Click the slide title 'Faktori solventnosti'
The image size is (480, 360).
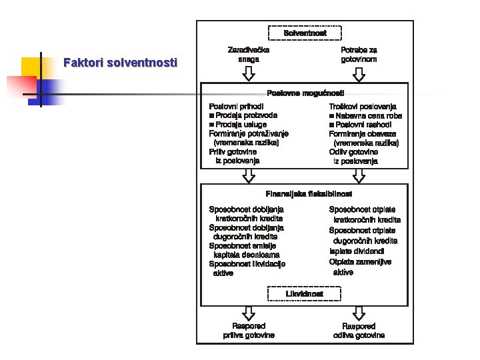click(x=120, y=63)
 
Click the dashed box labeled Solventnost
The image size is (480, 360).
click(x=305, y=33)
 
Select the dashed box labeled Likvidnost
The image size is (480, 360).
click(x=305, y=293)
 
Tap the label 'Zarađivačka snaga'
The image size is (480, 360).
click(x=249, y=54)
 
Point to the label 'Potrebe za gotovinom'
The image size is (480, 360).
click(x=359, y=54)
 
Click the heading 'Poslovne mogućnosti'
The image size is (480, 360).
click(x=305, y=93)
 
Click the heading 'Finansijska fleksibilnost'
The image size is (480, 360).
click(x=305, y=193)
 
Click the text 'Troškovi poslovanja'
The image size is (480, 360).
click(x=363, y=106)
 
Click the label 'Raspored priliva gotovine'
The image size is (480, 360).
click(x=249, y=331)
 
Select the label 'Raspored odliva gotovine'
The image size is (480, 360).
click(x=359, y=331)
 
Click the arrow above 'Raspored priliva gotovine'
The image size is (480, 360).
click(x=249, y=313)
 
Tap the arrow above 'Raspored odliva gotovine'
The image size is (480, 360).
click(x=359, y=313)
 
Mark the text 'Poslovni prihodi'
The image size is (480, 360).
click(x=237, y=106)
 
